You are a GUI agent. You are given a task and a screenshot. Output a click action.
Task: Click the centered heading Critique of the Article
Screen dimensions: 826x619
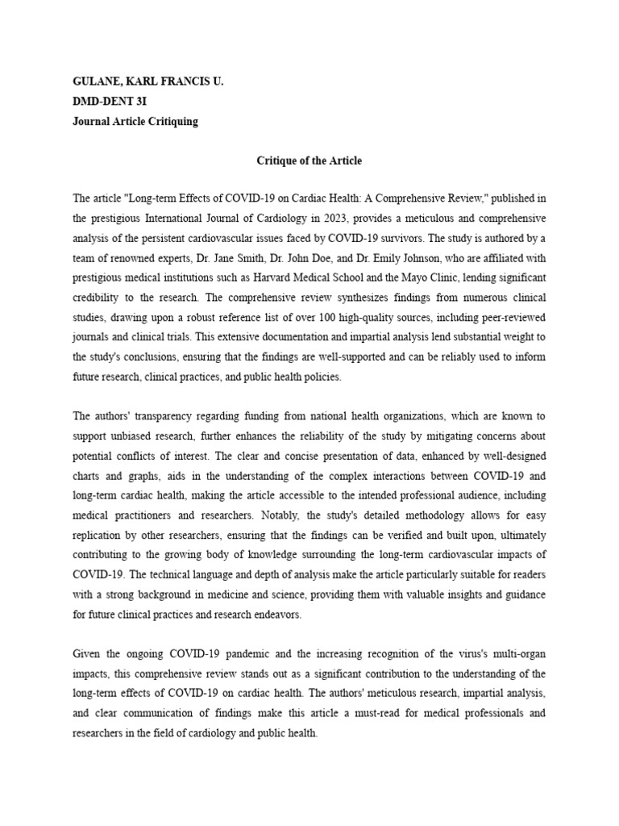pos(309,161)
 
